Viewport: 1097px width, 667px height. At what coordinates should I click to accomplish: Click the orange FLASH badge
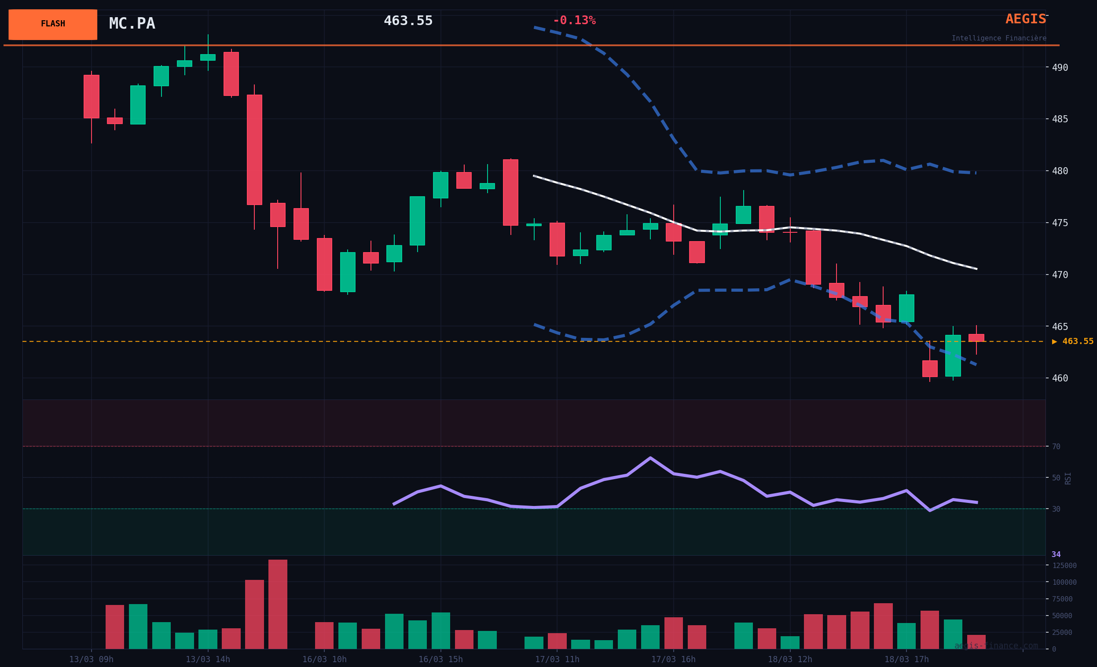(52, 25)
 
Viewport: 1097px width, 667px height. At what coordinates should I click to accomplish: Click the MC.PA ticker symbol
(132, 24)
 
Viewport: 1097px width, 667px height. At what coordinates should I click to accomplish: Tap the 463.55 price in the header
(408, 21)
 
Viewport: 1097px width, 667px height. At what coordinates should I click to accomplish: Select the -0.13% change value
(574, 21)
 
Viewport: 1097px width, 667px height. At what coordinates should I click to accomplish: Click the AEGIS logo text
(1025, 19)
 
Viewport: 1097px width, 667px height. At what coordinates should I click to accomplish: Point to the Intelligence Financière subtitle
(998, 38)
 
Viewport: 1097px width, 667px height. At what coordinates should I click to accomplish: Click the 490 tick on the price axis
(1060, 68)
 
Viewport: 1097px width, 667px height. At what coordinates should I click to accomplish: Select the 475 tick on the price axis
(1060, 223)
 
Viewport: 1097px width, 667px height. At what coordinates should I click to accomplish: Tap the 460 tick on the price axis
(1060, 378)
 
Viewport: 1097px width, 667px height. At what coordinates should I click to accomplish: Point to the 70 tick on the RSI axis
(1056, 447)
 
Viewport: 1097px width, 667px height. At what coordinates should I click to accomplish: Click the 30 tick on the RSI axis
(1056, 509)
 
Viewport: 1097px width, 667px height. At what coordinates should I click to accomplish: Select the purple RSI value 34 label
(1056, 554)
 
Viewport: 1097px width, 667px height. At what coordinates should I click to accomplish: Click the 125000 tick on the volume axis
(1064, 565)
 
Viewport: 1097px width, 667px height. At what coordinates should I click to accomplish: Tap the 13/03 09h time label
(91, 660)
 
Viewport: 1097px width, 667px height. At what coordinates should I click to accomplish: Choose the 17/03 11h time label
(557, 660)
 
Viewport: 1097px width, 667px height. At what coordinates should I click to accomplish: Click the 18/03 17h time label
(906, 660)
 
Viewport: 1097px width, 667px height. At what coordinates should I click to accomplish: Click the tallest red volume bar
(278, 604)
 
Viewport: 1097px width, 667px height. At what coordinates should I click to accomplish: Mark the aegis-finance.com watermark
(996, 645)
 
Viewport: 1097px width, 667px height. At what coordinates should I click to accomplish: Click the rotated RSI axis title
(1068, 478)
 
